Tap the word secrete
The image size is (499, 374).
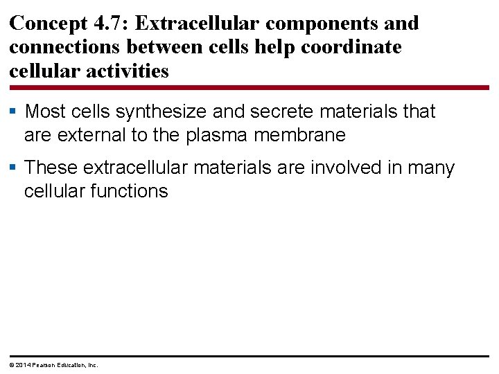(x=266, y=112)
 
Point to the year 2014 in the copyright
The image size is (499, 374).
(x=21, y=364)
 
